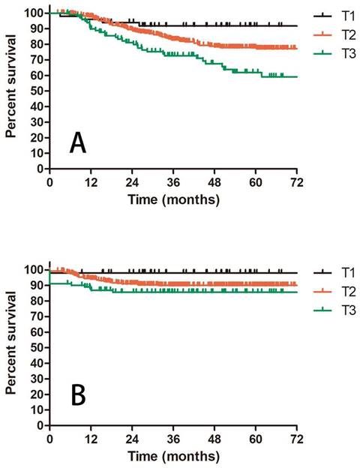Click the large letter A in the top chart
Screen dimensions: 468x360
pyautogui.click(x=78, y=142)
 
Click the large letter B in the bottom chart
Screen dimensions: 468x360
pyautogui.click(x=78, y=395)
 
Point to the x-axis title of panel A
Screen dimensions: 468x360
pyautogui.click(x=173, y=200)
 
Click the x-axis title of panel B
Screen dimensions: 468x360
pyautogui.click(x=173, y=456)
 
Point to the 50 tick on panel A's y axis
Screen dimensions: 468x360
pyautogui.click(x=35, y=91)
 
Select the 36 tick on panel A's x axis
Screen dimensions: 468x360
pyautogui.click(x=173, y=182)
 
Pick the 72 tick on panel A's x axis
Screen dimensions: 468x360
pyautogui.click(x=297, y=182)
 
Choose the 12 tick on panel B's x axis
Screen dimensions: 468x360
pyautogui.click(x=91, y=438)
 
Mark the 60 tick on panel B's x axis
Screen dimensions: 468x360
pyautogui.click(x=256, y=438)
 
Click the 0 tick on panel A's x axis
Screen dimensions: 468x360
pyautogui.click(x=49, y=182)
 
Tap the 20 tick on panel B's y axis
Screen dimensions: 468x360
pyautogui.click(x=35, y=394)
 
